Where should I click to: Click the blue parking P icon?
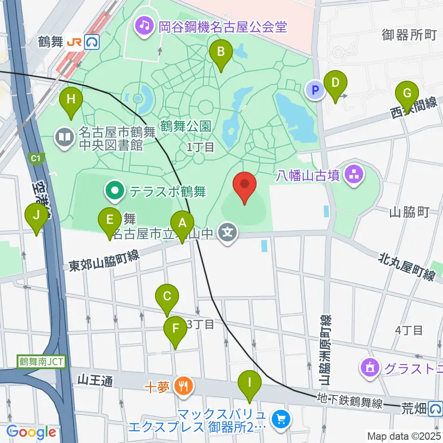click(x=316, y=90)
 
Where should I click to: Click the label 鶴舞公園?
click(x=186, y=126)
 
